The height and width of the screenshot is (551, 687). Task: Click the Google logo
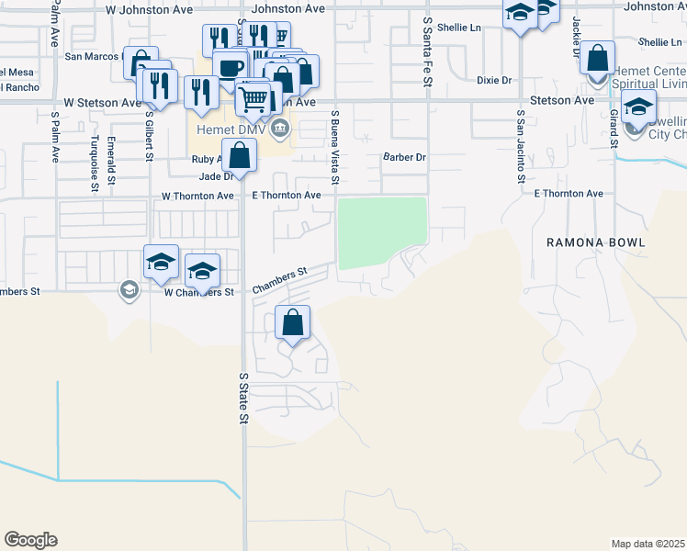(x=30, y=540)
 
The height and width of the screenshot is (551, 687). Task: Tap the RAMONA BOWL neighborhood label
(x=596, y=242)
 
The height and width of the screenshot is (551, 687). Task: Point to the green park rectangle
(x=383, y=232)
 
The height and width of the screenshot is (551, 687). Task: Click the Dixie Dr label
(x=494, y=81)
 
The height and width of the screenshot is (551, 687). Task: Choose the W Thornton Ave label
(x=198, y=197)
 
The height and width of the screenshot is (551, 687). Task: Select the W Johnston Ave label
(x=150, y=9)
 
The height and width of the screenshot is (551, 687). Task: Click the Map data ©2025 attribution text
(x=648, y=544)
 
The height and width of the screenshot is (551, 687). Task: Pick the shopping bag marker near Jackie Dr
(x=598, y=58)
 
